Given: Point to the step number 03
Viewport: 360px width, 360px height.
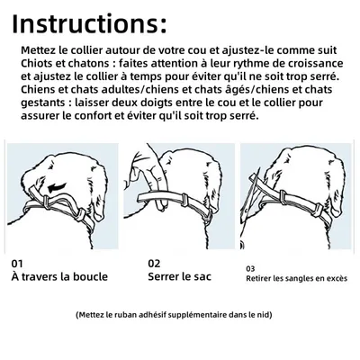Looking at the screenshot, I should (x=249, y=267).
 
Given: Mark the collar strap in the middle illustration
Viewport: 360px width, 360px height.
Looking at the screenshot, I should (x=180, y=193).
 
